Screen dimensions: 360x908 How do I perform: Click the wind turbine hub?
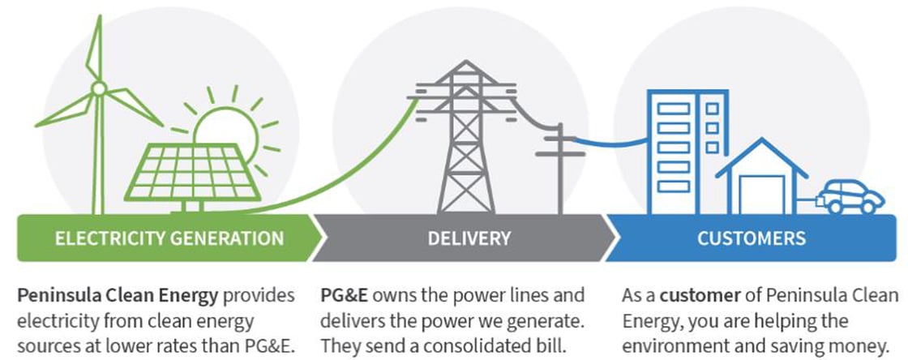[98, 88]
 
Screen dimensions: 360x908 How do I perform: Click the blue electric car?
[849, 198]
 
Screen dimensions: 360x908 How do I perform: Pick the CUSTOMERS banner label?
[752, 238]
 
